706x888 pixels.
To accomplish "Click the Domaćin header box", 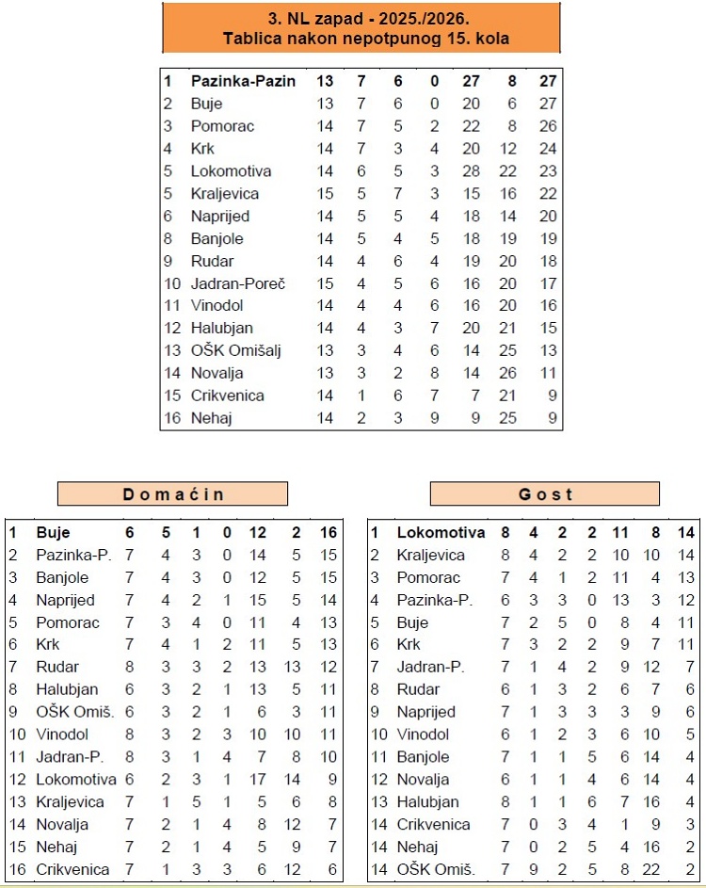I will pyautogui.click(x=172, y=494).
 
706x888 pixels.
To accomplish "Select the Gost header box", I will pyautogui.click(x=545, y=494).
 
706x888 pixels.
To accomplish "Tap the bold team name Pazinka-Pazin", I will pyautogui.click(x=243, y=81).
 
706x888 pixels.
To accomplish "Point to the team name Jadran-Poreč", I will pyautogui.click(x=237, y=283).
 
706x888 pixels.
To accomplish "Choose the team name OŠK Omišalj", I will pyautogui.click(x=236, y=350).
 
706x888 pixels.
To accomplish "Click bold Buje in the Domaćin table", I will pyautogui.click(x=53, y=532).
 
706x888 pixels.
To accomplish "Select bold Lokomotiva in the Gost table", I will pyautogui.click(x=441, y=532).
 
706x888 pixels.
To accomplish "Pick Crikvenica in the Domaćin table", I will pyautogui.click(x=72, y=869).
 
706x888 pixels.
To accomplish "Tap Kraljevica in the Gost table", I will pyautogui.click(x=431, y=555).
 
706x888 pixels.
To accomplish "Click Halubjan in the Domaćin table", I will pyautogui.click(x=66, y=689).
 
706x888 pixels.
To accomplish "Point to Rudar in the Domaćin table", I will pyautogui.click(x=56, y=667).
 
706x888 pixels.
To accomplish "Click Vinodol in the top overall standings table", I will pyautogui.click(x=217, y=305).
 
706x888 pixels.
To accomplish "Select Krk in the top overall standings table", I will pyautogui.click(x=202, y=149).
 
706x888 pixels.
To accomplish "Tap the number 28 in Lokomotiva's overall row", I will pyautogui.click(x=471, y=171).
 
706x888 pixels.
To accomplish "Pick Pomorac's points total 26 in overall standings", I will pyautogui.click(x=548, y=126).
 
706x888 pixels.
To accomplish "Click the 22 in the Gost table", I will pyautogui.click(x=650, y=869).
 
